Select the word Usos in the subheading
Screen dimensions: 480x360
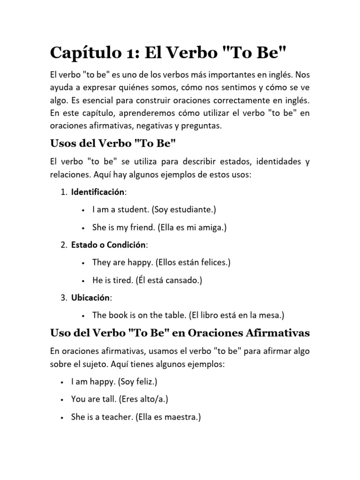coord(63,143)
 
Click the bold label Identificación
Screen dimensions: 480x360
coord(98,192)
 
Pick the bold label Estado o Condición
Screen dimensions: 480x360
coord(109,245)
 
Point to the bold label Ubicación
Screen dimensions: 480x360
coord(91,297)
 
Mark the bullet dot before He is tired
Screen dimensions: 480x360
coord(82,280)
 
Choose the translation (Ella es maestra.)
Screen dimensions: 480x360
coord(168,417)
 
